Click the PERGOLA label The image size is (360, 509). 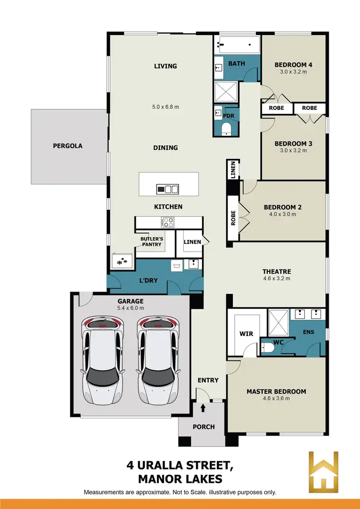pyautogui.click(x=67, y=145)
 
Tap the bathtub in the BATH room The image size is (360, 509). pyautogui.click(x=238, y=45)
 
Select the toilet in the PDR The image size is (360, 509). pyautogui.click(x=227, y=129)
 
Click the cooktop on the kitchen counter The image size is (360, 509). pyautogui.click(x=168, y=222)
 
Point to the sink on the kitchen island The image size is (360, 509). pyautogui.click(x=172, y=189)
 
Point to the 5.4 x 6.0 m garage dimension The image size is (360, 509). pyautogui.click(x=131, y=308)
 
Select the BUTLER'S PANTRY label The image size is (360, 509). pyautogui.click(x=152, y=241)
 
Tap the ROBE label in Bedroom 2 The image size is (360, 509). pyautogui.click(x=233, y=218)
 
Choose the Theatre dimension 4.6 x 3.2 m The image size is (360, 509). pyautogui.click(x=276, y=279)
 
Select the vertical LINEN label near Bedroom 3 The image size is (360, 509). pyautogui.click(x=233, y=169)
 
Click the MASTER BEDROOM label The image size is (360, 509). pyautogui.click(x=276, y=391)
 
